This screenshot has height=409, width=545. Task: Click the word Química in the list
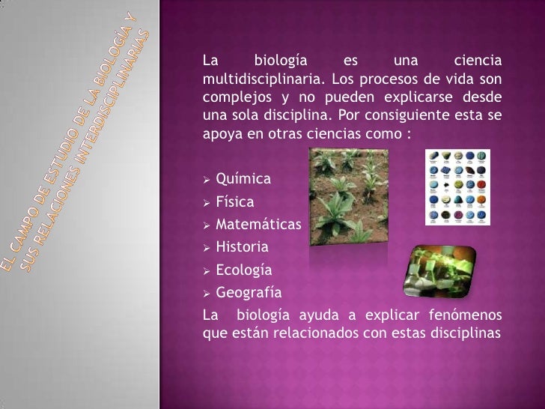point(243,179)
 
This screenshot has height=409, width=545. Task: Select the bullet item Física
point(234,202)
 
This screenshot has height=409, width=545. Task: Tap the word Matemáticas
point(258,225)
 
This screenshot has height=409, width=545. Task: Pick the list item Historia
point(241,246)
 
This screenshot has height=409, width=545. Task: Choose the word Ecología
point(243,270)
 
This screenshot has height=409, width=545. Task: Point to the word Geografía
point(249,292)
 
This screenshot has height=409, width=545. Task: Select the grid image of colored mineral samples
point(457,187)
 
